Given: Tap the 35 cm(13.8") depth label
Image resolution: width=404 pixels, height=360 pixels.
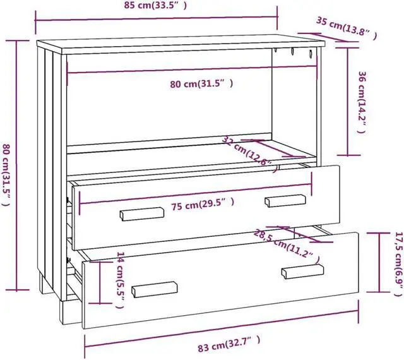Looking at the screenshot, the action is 347,28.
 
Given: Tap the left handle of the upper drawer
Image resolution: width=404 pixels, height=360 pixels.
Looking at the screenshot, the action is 142,214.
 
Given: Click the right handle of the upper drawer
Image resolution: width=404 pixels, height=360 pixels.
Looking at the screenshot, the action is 285,200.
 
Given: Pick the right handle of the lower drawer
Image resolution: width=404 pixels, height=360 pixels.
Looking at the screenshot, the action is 302,271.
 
